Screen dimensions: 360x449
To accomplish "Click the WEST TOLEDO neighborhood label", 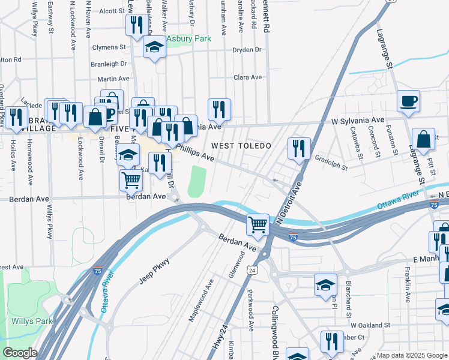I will (x=241, y=146).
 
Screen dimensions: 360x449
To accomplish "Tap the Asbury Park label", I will (x=189, y=39).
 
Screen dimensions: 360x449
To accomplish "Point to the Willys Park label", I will (x=32, y=321).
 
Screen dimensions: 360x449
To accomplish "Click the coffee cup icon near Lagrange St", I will (x=409, y=100).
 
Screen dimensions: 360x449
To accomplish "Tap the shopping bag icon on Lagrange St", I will (x=424, y=139).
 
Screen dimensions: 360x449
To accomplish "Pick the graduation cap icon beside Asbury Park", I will (x=154, y=48).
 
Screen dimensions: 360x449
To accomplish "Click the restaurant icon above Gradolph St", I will (x=298, y=148).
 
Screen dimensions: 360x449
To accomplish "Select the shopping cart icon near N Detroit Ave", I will (x=258, y=225).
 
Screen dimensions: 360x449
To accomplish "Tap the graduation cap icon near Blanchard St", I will (x=325, y=284).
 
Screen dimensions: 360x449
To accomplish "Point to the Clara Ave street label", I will (x=248, y=77).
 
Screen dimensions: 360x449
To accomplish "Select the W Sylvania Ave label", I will (x=358, y=121).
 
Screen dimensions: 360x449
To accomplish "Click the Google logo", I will (x=20, y=353).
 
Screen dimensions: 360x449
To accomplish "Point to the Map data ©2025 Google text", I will (x=411, y=355).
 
